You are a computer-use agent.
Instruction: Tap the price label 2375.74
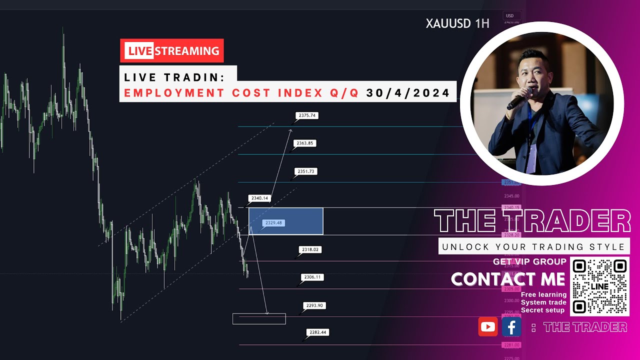pyautogui.click(x=306, y=115)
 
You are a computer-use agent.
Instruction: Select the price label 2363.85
pyautogui.click(x=305, y=143)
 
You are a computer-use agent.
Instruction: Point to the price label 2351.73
pyautogui.click(x=305, y=171)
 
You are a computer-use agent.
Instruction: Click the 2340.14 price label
pyautogui.click(x=259, y=198)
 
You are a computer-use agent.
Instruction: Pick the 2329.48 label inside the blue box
pyautogui.click(x=273, y=223)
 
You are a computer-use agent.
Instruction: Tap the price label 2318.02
pyautogui.click(x=310, y=249)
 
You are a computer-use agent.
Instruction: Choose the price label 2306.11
pyautogui.click(x=311, y=277)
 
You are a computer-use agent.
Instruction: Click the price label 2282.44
pyautogui.click(x=318, y=332)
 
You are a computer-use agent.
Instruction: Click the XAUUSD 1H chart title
pyautogui.click(x=457, y=23)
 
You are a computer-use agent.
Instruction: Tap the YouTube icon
pyautogui.click(x=488, y=327)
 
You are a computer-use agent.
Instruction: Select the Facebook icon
pyautogui.click(x=511, y=327)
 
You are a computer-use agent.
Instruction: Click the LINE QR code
pyautogui.click(x=599, y=286)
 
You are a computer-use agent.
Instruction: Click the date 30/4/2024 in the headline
pyautogui.click(x=408, y=93)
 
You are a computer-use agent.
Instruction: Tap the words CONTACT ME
pyautogui.click(x=508, y=279)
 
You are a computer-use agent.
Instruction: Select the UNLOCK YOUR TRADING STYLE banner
pyautogui.click(x=533, y=246)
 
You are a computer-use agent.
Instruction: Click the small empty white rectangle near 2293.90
pyautogui.click(x=259, y=318)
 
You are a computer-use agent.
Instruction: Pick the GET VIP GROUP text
pyautogui.click(x=529, y=261)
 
